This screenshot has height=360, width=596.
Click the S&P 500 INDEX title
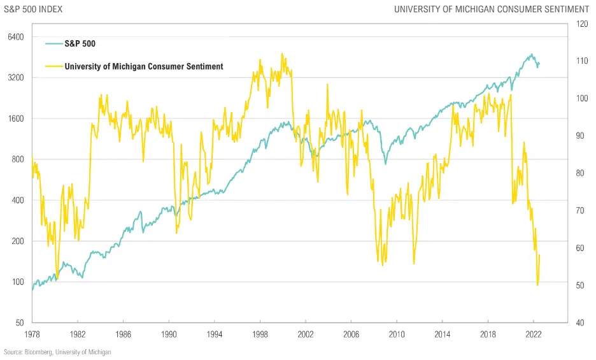coord(33,9)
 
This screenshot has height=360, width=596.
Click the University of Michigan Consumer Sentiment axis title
coord(492,9)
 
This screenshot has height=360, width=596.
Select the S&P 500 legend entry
coord(80,43)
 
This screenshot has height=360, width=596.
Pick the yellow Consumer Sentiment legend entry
coord(143,66)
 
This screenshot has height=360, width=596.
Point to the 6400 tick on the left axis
coord(15,37)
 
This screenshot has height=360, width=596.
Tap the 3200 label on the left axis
coord(15,78)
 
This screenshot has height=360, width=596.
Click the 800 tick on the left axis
coord(17,159)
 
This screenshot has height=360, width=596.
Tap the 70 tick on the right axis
coord(580,210)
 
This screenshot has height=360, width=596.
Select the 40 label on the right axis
coord(580,322)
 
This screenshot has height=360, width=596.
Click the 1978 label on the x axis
coord(32,334)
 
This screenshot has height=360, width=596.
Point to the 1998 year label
coord(260,334)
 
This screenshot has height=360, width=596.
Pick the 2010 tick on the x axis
coord(397,334)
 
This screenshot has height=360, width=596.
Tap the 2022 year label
coord(534,334)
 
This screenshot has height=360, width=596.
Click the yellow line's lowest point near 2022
coord(537,285)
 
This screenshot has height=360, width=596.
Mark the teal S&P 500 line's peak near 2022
coord(531,54)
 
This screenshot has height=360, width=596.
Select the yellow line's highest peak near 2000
coord(282,54)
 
